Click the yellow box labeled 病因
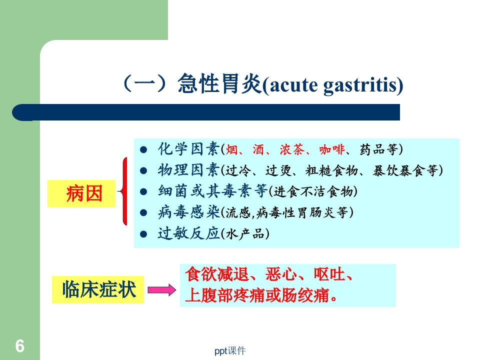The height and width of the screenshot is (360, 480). [81, 194]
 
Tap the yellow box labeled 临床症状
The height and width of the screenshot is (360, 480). [98, 289]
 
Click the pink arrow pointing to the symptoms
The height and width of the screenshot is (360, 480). [161, 289]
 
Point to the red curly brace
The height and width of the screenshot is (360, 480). [123, 191]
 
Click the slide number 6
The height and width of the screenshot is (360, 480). [20, 346]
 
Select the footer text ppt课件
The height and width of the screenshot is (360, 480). [230, 351]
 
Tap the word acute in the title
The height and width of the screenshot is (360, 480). [293, 85]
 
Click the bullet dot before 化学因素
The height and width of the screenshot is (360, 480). [143, 149]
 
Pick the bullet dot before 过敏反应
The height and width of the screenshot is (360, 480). [143, 234]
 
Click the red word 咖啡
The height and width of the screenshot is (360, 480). [332, 149]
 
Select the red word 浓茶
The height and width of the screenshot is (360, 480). [292, 149]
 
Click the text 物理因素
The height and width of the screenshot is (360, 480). [189, 170]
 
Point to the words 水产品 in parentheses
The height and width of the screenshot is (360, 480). [245, 234]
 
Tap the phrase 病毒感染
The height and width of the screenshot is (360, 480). [189, 212]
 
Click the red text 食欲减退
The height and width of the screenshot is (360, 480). [217, 274]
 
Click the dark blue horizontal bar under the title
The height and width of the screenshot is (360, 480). [206, 112]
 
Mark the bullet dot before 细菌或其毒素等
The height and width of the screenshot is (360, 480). [143, 192]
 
